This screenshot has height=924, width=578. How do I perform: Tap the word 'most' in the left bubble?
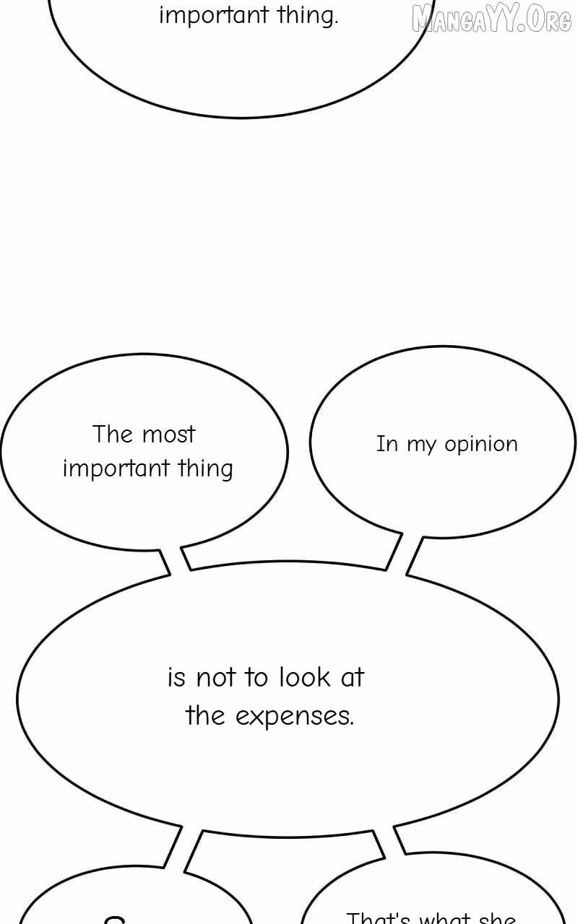pyautogui.click(x=168, y=435)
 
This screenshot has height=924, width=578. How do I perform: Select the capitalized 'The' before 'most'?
pyautogui.click(x=113, y=435)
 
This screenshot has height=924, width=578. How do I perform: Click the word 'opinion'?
pyautogui.click(x=481, y=445)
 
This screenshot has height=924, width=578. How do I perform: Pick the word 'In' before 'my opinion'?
pyautogui.click(x=387, y=444)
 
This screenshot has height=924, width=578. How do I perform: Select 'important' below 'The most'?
pyautogui.click(x=116, y=469)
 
